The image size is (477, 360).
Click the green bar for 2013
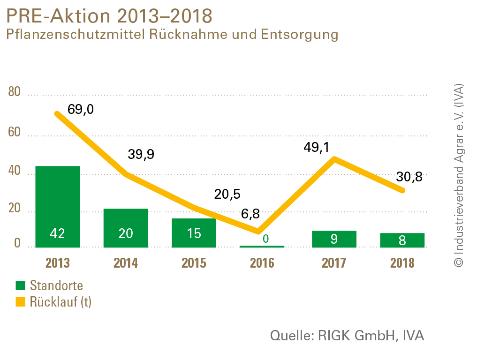pyautogui.click(x=57, y=206)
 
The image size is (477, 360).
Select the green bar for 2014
pyautogui.click(x=126, y=227)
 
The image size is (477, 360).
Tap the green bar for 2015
pyautogui.click(x=194, y=232)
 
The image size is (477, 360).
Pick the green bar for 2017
pyautogui.click(x=334, y=239)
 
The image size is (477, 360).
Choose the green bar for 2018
pyautogui.click(x=402, y=240)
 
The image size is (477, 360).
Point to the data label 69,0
pyautogui.click(x=81, y=109)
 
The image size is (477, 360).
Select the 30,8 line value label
pyautogui.click(x=409, y=177)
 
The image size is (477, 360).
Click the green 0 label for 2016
pyautogui.click(x=265, y=239)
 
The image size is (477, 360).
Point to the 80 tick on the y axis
pyautogui.click(x=15, y=92)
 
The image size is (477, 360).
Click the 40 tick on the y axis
pyautogui.click(x=15, y=172)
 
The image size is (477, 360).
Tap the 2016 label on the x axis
pyautogui.click(x=262, y=262)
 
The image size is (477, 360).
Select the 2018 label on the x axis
pyautogui.click(x=402, y=262)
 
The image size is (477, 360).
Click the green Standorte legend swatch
pyautogui.click(x=20, y=285)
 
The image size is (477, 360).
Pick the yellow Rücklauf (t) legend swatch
pyautogui.click(x=20, y=302)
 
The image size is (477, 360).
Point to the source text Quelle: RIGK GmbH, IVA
pyautogui.click(x=348, y=336)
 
